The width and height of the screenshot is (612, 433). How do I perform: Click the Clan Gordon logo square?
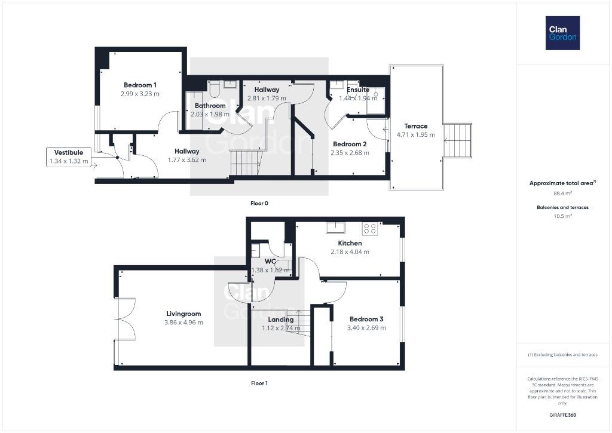tap(562, 33)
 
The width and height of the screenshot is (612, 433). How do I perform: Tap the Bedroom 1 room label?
tap(140, 85)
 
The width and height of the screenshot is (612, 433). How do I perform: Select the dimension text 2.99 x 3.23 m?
tap(140, 94)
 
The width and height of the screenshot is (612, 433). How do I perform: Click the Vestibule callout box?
tap(69, 157)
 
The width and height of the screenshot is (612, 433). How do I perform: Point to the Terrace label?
tap(416, 126)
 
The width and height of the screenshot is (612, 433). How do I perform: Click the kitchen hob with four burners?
tap(370, 229)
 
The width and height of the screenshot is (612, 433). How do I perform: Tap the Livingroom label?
tap(183, 314)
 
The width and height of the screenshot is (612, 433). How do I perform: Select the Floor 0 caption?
tap(259, 203)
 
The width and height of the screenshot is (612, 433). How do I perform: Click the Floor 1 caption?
tap(259, 383)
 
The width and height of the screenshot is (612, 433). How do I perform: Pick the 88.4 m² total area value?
tap(562, 193)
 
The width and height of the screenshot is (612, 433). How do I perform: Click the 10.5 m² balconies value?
tap(562, 216)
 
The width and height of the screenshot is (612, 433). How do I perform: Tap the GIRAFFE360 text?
tap(562, 415)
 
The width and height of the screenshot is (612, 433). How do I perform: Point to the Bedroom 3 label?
tap(366, 319)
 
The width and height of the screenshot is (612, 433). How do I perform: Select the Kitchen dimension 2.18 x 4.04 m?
tap(350, 251)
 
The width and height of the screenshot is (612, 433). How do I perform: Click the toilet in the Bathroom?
tap(215, 89)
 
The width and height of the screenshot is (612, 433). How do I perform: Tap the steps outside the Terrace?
tap(457, 140)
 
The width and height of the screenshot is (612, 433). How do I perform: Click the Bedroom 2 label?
tap(350, 144)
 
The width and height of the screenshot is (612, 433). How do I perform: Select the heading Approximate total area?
tap(561, 183)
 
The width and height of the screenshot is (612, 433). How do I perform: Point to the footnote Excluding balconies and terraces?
tap(562, 355)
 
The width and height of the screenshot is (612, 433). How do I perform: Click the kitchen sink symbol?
tap(336, 228)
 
